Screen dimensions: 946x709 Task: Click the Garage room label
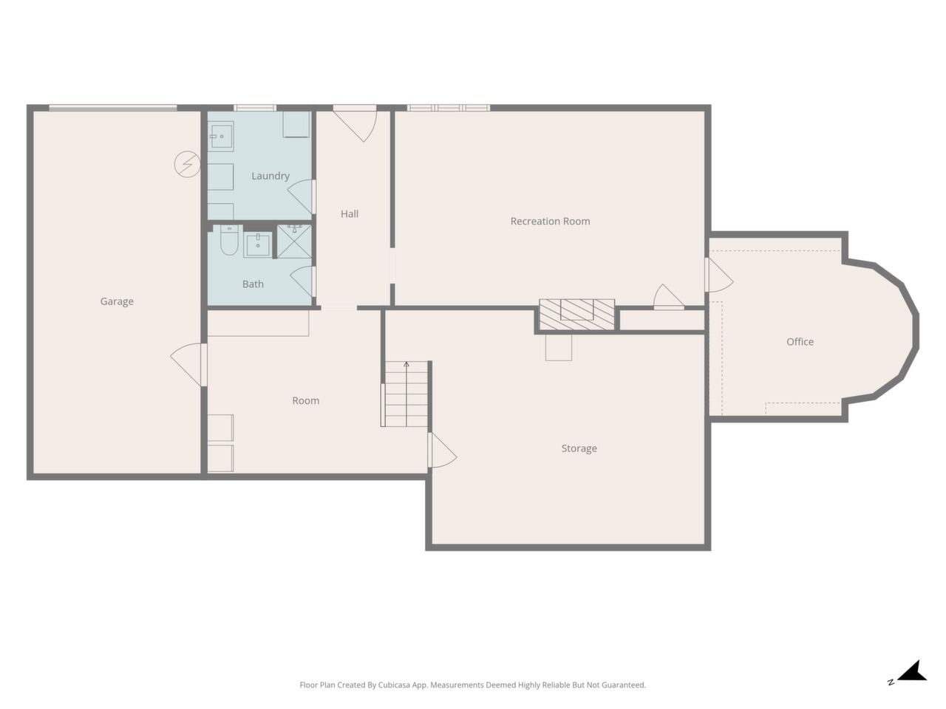coord(117,301)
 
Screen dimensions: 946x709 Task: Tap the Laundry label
coord(270,176)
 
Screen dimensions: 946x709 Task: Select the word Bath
coord(253,284)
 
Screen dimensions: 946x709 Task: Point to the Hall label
coord(350,214)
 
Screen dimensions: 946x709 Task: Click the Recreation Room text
coord(550,222)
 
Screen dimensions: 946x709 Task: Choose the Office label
coord(800,342)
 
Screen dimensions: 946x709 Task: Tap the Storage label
coord(579,448)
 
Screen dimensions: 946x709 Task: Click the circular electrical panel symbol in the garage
coord(187,164)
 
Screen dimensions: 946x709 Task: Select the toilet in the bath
coord(229,240)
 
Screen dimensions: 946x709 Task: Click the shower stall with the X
coord(294,241)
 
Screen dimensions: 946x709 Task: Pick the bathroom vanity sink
coord(258,244)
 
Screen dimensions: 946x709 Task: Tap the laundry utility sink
coord(221,137)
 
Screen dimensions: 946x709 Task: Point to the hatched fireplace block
coord(577,315)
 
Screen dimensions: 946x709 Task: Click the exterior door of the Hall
coord(355,123)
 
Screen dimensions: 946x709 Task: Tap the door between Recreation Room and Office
coord(719,275)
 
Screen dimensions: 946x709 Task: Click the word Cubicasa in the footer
coord(394,685)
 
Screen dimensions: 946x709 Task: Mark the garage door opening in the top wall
coord(113,108)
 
